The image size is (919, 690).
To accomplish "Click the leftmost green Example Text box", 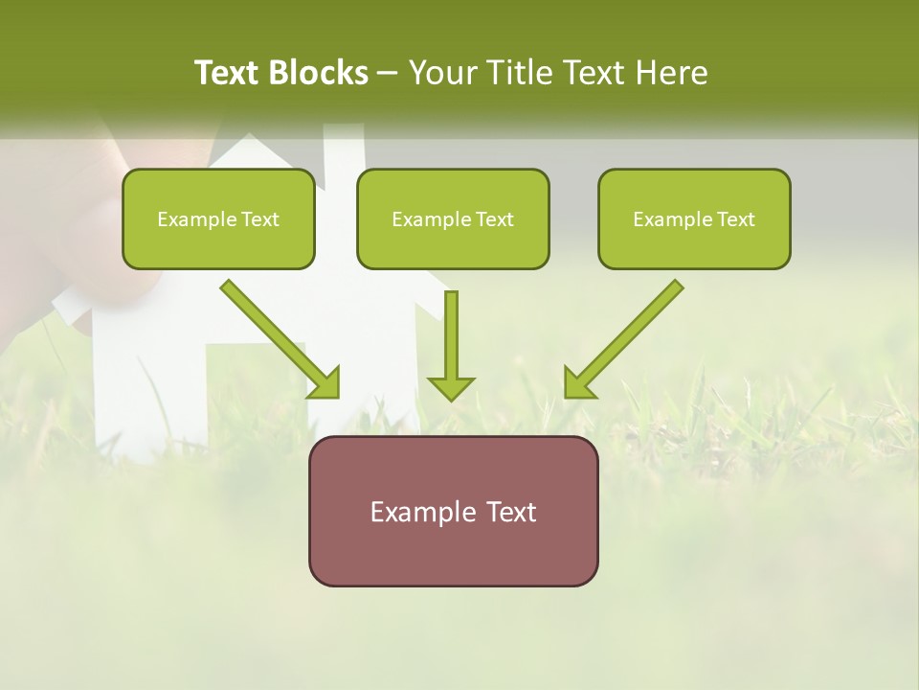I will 218,219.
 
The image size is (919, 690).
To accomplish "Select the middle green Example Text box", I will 453,219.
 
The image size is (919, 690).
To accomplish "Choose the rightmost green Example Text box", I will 694,219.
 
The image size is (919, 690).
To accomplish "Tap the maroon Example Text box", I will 453,511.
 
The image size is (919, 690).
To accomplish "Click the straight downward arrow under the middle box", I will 451,340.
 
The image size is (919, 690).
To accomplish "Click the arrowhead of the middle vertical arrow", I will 451,387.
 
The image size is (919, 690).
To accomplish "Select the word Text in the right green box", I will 735,219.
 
